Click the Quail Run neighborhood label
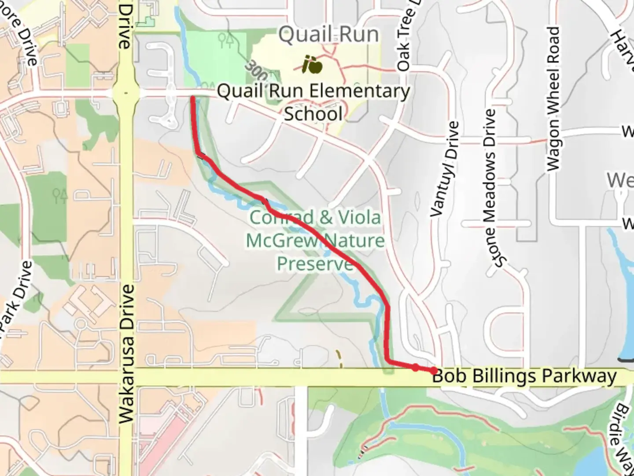click(x=328, y=34)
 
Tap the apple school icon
click(x=313, y=66)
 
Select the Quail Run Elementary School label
click(x=313, y=102)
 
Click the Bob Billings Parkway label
click(x=524, y=376)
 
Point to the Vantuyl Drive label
click(x=445, y=170)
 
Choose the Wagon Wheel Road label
click(x=553, y=99)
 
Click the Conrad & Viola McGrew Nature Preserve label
click(x=315, y=240)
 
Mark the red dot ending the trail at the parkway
click(x=434, y=371)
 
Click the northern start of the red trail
click(x=193, y=98)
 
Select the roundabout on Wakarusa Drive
click(x=126, y=93)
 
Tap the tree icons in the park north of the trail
click(x=226, y=41)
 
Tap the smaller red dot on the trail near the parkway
click(x=415, y=367)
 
